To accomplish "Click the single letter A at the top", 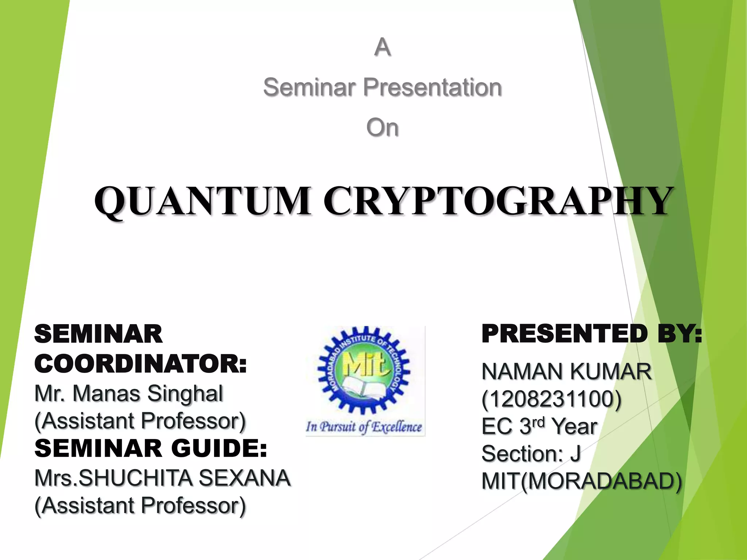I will (382, 47).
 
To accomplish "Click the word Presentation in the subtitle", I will (433, 87).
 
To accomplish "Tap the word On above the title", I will (382, 128).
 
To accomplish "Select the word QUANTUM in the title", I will (203, 201).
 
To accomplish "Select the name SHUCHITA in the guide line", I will (135, 478).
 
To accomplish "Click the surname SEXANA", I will (245, 478).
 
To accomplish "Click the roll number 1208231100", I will (551, 399).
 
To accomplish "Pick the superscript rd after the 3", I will (538, 422).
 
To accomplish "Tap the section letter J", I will (576, 454).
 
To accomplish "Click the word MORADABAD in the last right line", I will (601, 481).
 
